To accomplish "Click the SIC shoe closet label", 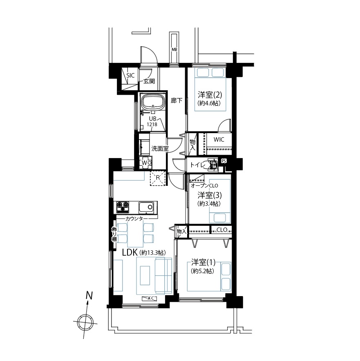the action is [x=130, y=75].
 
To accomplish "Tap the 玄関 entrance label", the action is [x=149, y=81].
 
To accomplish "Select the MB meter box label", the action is [x=174, y=49].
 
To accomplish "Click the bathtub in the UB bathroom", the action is [x=153, y=102].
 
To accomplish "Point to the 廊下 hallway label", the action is [x=177, y=100].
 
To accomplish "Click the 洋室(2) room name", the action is [x=210, y=95].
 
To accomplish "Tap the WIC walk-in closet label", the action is [x=219, y=140].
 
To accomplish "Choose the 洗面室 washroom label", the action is [x=160, y=149].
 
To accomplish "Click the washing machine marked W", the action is [x=146, y=162].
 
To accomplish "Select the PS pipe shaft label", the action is [x=224, y=161].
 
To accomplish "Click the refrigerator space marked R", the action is [x=158, y=178].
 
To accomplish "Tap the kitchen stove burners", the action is [x=123, y=207].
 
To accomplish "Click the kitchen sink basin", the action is [x=146, y=207].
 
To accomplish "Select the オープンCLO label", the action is [x=204, y=185].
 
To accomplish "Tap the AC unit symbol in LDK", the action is [x=149, y=299].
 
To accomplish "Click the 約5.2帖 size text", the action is [x=202, y=271].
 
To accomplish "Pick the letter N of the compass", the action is [x=89, y=295].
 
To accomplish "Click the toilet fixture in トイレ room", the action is [x=212, y=165].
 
